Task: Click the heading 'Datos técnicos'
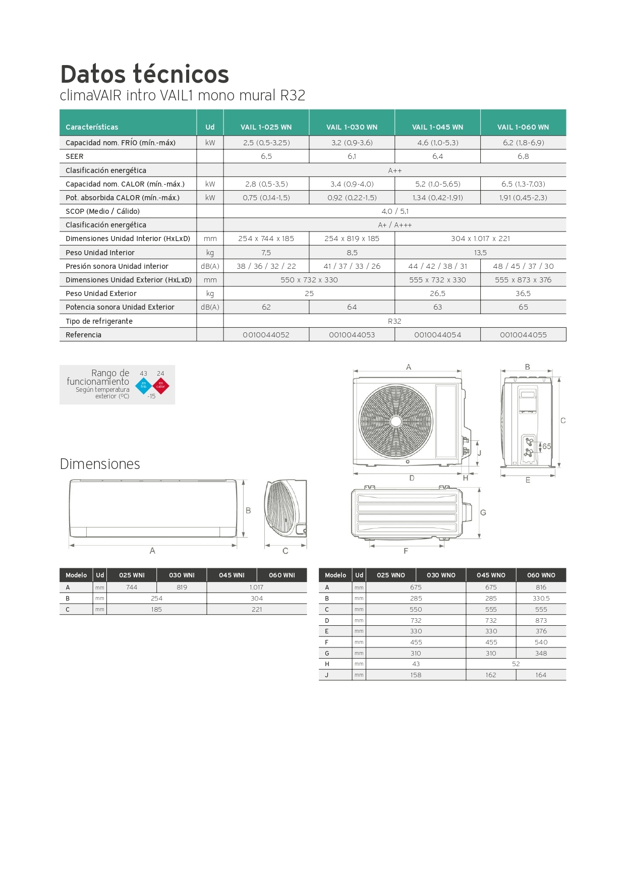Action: [x=144, y=74]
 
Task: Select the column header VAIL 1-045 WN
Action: [x=437, y=127]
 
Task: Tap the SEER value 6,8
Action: [x=523, y=156]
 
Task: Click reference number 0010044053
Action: [x=352, y=335]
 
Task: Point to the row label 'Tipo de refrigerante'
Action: [x=99, y=321]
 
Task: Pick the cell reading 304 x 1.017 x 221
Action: [x=480, y=239]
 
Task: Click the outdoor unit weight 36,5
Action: [x=523, y=293]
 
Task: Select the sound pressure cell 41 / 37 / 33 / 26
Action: [x=352, y=266]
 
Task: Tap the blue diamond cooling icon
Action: [x=143, y=386]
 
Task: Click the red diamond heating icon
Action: [x=161, y=386]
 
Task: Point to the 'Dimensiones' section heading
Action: [x=100, y=464]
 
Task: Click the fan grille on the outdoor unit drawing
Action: [x=395, y=421]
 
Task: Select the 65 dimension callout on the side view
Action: [x=546, y=446]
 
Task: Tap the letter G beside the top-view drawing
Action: [x=483, y=512]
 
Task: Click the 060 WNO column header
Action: [x=541, y=575]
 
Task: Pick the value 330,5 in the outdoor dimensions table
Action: [x=541, y=599]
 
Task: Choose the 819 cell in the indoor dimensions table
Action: [x=182, y=587]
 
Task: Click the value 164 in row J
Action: [x=541, y=675]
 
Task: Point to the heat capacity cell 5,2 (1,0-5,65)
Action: [x=437, y=184]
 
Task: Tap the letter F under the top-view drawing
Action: [x=406, y=551]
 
